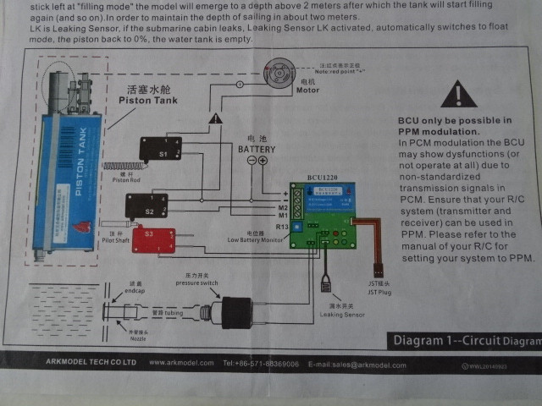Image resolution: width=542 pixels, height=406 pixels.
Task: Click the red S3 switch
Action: [x=152, y=239]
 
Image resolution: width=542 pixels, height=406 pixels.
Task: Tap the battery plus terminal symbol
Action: [x=263, y=162]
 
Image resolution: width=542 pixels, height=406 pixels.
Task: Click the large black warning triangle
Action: [x=457, y=94]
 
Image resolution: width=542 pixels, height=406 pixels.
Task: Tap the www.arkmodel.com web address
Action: [x=180, y=363]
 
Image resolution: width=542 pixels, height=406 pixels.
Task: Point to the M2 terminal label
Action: [x=283, y=206]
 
